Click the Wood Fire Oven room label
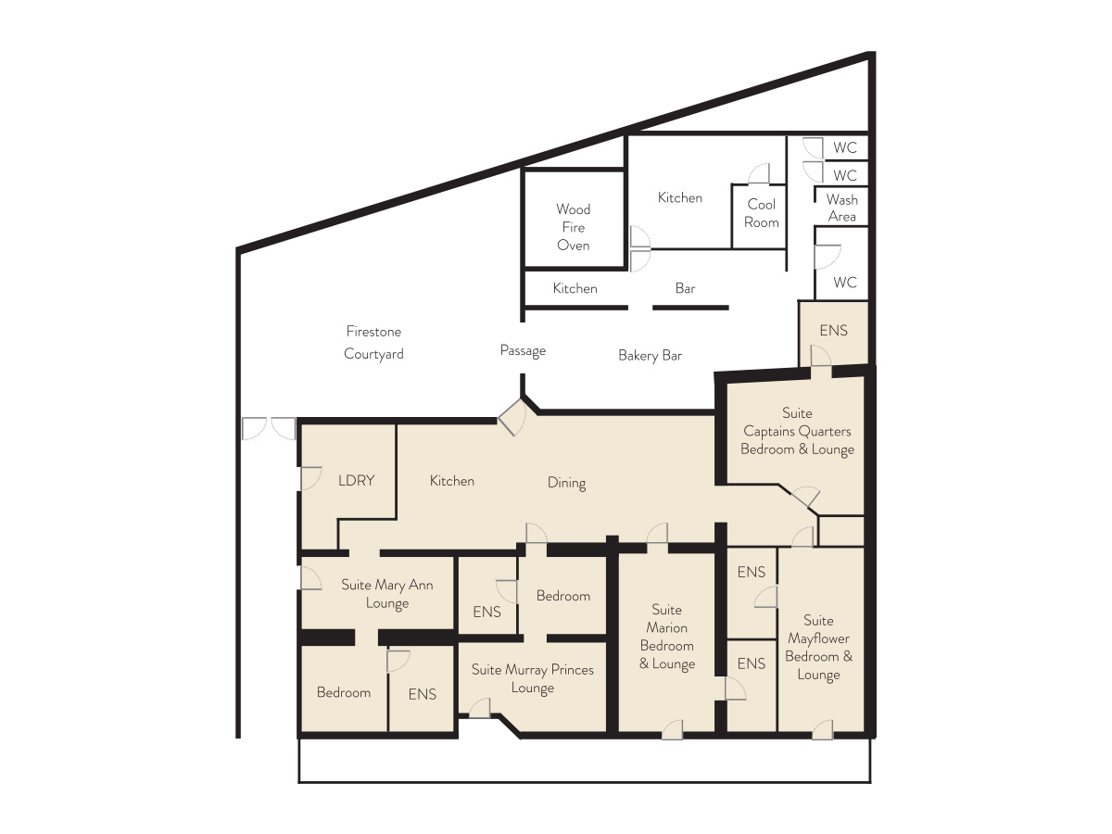[573, 227]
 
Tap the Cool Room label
[762, 213]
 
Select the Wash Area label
[842, 208]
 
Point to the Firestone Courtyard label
[373, 342]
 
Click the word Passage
[523, 350]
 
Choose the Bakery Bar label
[650, 356]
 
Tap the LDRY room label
[356, 480]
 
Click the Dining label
[566, 483]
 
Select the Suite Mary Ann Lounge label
[387, 594]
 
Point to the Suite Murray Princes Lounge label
[533, 678]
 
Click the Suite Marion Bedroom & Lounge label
[666, 637]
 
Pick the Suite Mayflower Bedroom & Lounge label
[818, 648]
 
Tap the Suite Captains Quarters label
[798, 431]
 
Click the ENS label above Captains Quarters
[833, 331]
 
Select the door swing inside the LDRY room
[311, 478]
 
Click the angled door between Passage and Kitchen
[512, 417]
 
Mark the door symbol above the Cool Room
[759, 173]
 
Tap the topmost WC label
[845, 148]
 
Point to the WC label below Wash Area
[845, 283]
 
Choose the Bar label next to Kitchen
[685, 288]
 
